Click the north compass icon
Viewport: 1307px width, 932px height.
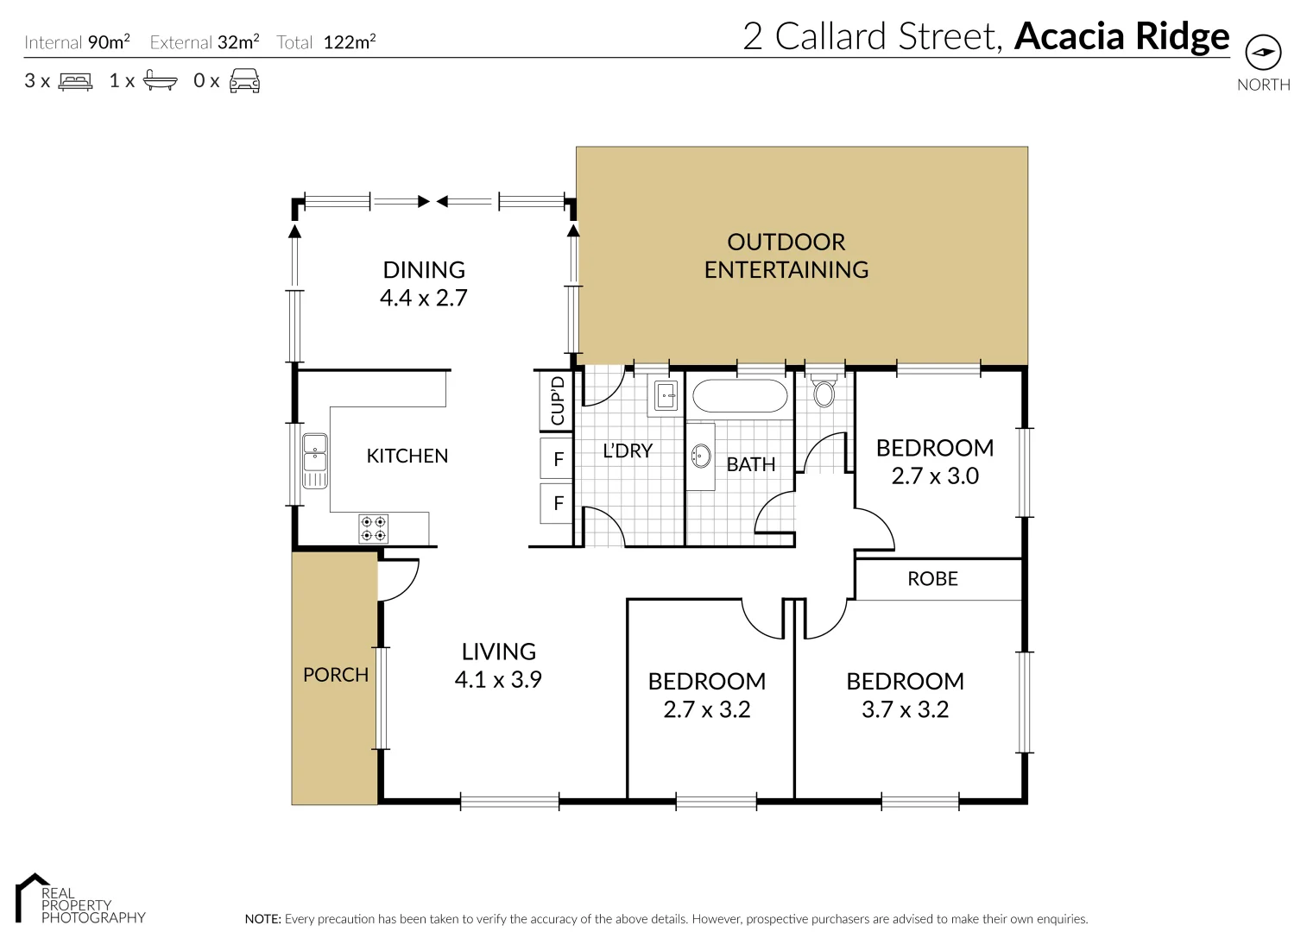pyautogui.click(x=1263, y=53)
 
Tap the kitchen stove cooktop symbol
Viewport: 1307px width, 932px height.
pyautogui.click(x=374, y=529)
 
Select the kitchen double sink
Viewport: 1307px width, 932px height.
pyautogui.click(x=315, y=461)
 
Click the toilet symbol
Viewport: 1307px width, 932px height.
pyautogui.click(x=824, y=392)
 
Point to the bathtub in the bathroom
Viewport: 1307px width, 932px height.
pyautogui.click(x=740, y=397)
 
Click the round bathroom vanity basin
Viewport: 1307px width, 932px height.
pyautogui.click(x=701, y=456)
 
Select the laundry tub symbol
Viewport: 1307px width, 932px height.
pyautogui.click(x=666, y=396)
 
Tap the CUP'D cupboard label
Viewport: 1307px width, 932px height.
pyautogui.click(x=558, y=400)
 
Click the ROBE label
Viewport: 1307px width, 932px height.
pyautogui.click(x=932, y=579)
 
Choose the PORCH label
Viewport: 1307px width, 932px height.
pyautogui.click(x=336, y=675)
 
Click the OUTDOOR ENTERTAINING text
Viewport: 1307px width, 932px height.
pyautogui.click(x=786, y=256)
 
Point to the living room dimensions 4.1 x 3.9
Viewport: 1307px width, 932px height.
pyautogui.click(x=498, y=680)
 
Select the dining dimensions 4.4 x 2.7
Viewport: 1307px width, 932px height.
pyautogui.click(x=424, y=299)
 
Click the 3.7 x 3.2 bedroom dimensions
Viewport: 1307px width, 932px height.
pyautogui.click(x=905, y=710)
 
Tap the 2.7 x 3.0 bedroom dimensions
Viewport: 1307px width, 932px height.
pyautogui.click(x=935, y=476)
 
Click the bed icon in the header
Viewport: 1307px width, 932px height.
pyautogui.click(x=75, y=82)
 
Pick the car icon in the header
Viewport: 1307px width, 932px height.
pyautogui.click(x=244, y=81)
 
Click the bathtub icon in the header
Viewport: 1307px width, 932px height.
pyautogui.click(x=160, y=81)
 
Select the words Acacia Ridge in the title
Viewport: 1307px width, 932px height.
pyautogui.click(x=1121, y=36)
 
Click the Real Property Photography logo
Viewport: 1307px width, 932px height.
pyautogui.click(x=79, y=900)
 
